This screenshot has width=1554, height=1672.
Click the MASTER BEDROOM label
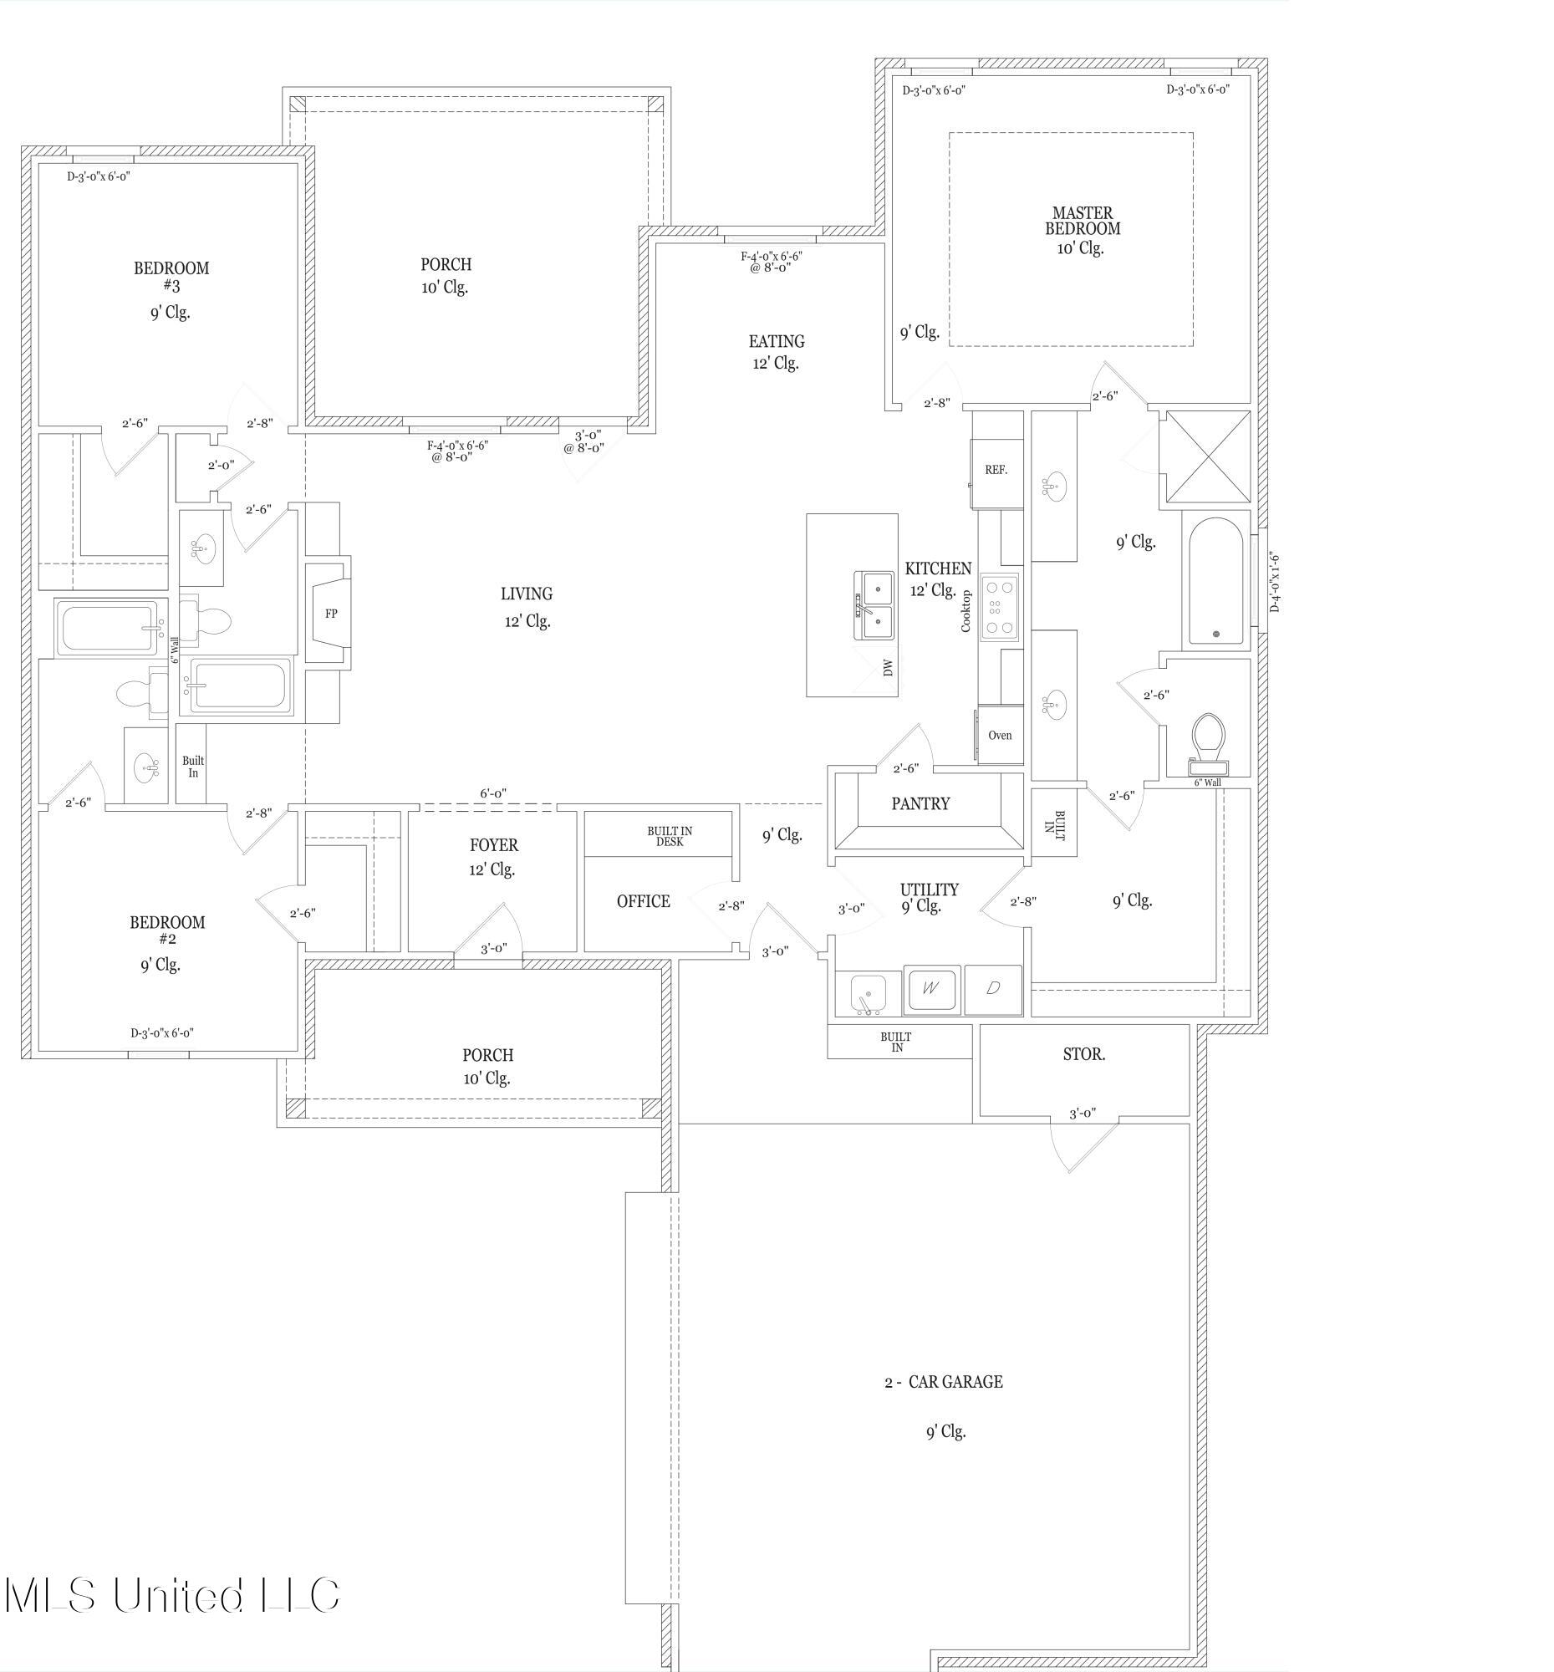tap(1083, 221)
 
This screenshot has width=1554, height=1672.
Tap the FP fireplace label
tap(331, 614)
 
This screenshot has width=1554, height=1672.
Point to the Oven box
tap(1000, 736)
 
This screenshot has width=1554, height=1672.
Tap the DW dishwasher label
tap(888, 668)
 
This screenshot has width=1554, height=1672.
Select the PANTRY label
tap(920, 804)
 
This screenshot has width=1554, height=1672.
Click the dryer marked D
tap(993, 989)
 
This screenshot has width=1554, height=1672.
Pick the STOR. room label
tap(1084, 1055)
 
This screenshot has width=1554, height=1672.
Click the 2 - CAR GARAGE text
tap(944, 1382)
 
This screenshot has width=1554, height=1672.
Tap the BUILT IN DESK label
tap(670, 836)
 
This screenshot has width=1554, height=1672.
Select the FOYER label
tap(493, 845)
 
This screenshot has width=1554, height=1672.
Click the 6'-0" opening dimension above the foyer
tap(492, 793)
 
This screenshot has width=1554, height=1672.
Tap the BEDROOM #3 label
tap(171, 276)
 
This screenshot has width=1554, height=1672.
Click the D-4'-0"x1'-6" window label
tap(1275, 582)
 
